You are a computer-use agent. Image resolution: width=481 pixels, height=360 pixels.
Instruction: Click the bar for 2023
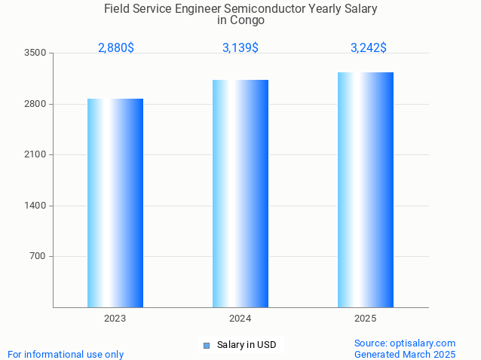point(115,203)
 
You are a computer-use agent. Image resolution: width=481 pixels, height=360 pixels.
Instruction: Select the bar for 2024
point(240,194)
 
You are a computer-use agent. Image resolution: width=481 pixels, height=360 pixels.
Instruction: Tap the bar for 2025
point(366,190)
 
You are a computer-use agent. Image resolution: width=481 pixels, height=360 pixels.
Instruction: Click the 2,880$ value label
point(116,47)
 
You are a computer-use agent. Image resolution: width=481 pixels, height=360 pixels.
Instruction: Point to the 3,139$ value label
point(240,47)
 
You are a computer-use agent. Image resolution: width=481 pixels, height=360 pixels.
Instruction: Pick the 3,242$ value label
point(369,47)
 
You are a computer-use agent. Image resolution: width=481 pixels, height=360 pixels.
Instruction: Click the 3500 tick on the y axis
point(35,53)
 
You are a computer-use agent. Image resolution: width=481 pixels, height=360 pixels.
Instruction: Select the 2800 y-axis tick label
point(35,104)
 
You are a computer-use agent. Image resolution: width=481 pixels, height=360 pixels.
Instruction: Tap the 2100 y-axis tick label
point(35,154)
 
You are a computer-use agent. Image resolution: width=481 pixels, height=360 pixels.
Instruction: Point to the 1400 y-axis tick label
point(35,206)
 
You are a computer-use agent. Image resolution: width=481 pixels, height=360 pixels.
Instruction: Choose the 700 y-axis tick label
point(38,256)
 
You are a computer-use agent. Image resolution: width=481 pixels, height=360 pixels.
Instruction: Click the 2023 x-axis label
point(115,319)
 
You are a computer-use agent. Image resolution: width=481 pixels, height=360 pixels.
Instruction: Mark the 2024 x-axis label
point(240,319)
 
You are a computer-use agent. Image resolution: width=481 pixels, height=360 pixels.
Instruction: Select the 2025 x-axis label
point(366,319)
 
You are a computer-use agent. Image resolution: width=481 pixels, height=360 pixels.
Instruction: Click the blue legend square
point(206,346)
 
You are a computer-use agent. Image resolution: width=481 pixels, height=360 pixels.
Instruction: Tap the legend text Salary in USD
point(247,345)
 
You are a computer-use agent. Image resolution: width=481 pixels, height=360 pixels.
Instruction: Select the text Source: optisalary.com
point(405,343)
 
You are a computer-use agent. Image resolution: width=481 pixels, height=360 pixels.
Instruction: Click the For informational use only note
point(66,354)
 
